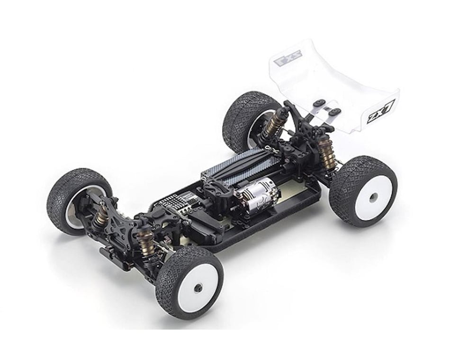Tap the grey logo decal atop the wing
288,61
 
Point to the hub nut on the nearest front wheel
198,287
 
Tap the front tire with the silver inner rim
76,199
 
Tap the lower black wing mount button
335,112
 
